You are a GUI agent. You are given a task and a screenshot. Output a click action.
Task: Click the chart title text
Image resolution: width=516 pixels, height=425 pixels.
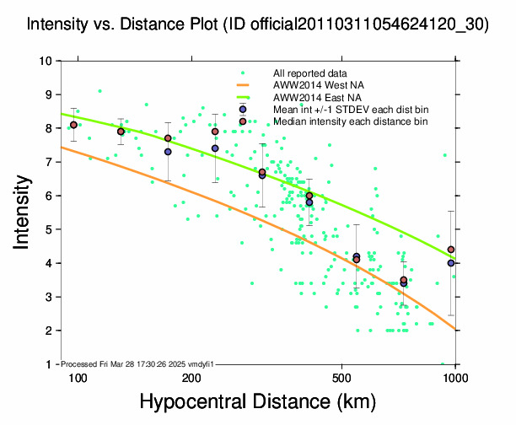(257, 24)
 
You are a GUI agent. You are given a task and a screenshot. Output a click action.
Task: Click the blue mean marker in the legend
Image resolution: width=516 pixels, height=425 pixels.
(243, 110)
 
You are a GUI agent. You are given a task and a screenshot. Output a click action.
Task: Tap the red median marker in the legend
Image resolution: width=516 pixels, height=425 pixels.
(243, 121)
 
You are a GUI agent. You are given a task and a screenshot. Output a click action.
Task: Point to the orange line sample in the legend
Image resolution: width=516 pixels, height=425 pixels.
(243, 86)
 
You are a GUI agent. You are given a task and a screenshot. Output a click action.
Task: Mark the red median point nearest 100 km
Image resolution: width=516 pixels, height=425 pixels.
(74, 125)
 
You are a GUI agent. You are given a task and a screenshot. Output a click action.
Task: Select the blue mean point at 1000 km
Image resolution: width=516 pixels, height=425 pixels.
(451, 263)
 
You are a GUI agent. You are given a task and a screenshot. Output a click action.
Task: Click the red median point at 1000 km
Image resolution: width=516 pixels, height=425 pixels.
(451, 250)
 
